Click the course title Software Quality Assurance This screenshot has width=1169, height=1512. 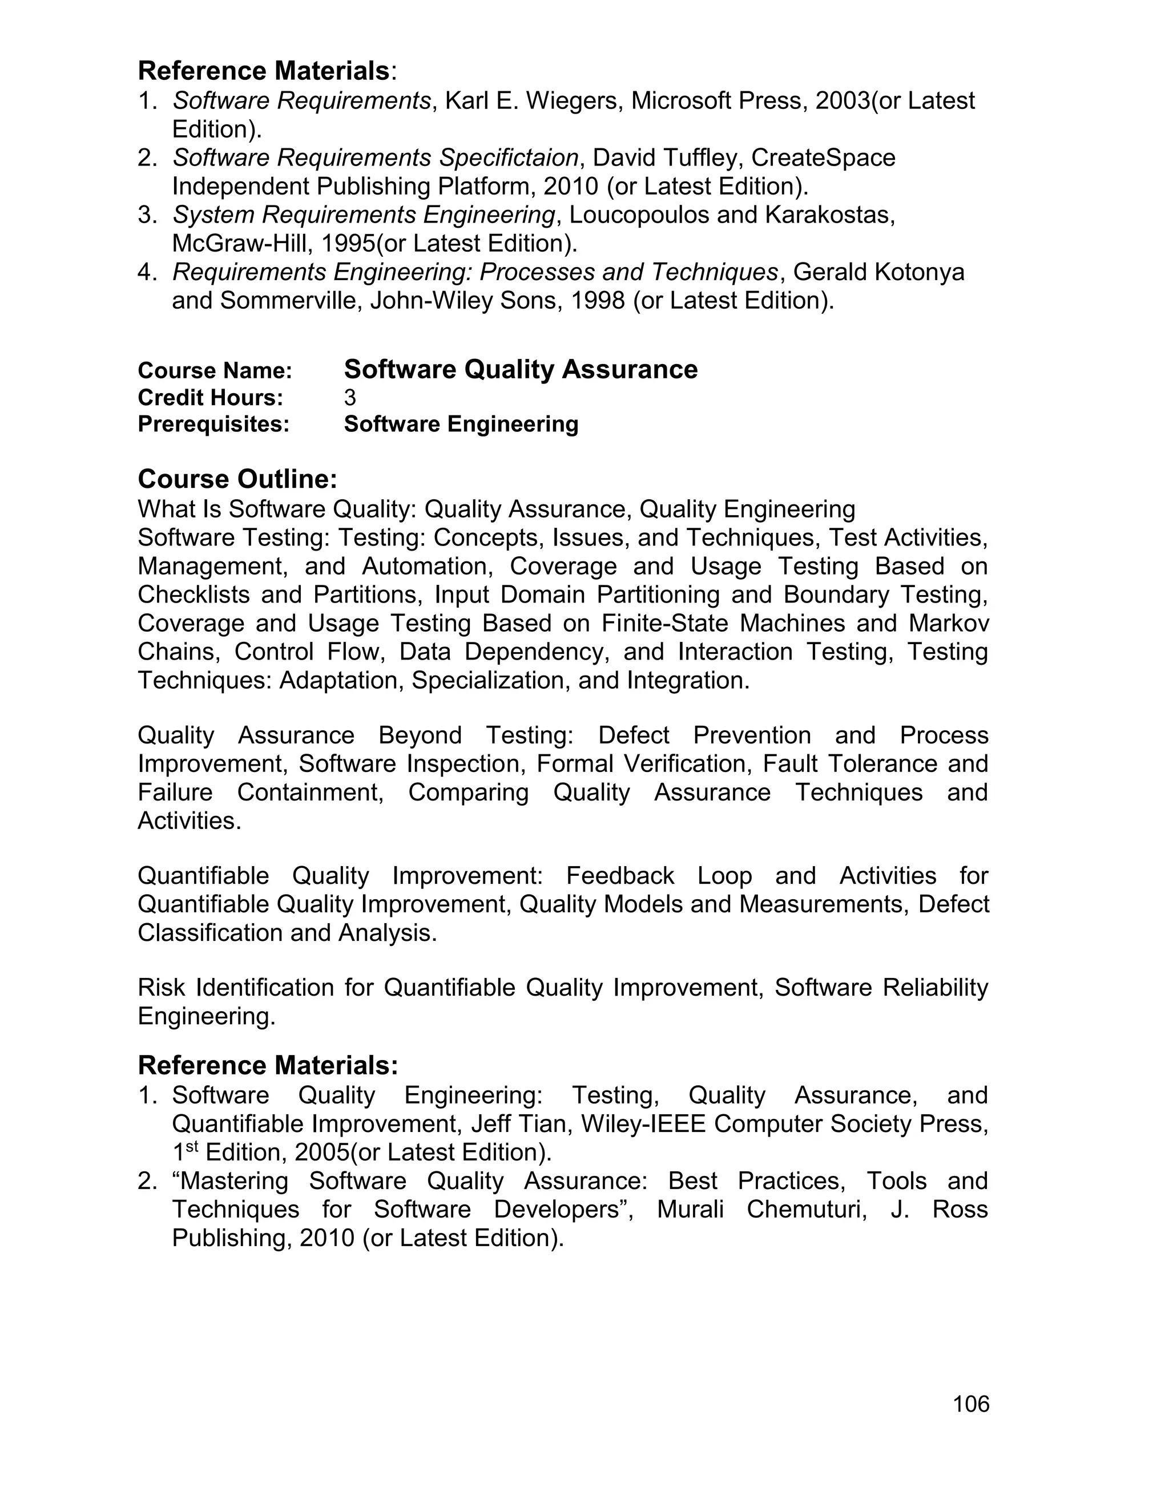click(x=520, y=370)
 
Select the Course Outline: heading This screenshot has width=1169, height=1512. click(x=237, y=479)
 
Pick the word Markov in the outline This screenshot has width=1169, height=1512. click(x=948, y=623)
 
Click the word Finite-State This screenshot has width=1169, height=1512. click(x=664, y=623)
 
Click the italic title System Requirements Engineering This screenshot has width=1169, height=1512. click(x=364, y=215)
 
